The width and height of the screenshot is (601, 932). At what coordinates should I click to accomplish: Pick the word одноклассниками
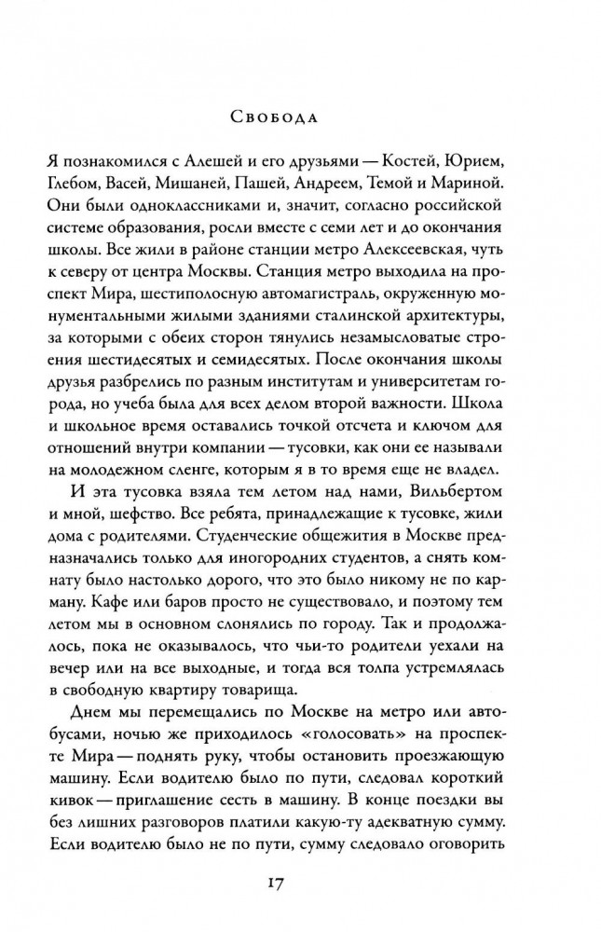coord(193,207)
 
